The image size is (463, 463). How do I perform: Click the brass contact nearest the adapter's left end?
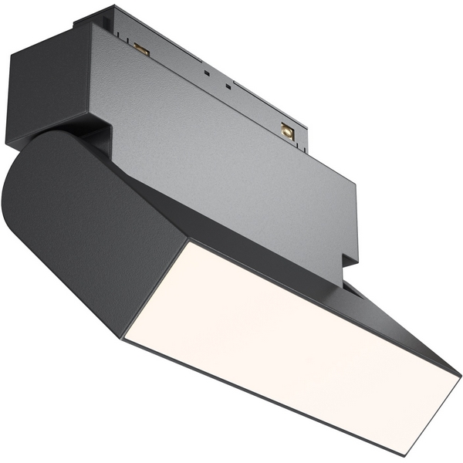click(x=141, y=49)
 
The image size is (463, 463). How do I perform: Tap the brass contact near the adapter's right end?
click(x=287, y=131)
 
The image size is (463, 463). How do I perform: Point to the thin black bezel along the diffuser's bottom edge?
click(x=255, y=397)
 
